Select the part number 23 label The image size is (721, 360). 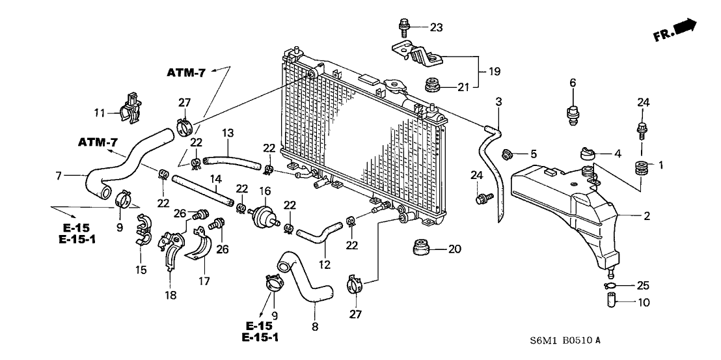435,27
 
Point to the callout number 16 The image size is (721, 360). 265,191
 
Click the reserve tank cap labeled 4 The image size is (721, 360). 587,154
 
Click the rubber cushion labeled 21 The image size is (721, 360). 430,85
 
